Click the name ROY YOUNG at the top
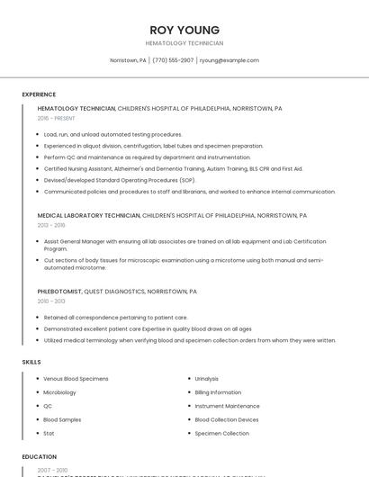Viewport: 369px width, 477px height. click(x=184, y=30)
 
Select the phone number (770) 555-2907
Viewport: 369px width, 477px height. click(x=173, y=60)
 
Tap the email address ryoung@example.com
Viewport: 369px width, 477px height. click(x=229, y=60)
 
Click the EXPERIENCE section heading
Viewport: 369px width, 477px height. click(x=39, y=94)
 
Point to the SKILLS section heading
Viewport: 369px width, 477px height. click(x=31, y=362)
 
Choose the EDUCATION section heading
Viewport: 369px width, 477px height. click(x=40, y=456)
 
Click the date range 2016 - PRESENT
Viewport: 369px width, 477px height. click(x=58, y=119)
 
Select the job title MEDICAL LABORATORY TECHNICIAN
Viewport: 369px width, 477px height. click(x=88, y=216)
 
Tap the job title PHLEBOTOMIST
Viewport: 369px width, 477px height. click(x=59, y=292)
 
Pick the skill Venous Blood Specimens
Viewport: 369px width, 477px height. click(x=76, y=379)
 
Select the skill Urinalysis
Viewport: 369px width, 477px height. click(x=207, y=379)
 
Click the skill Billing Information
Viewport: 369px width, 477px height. click(x=218, y=392)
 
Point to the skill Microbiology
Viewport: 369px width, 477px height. click(x=59, y=392)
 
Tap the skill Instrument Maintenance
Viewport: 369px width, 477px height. click(x=227, y=406)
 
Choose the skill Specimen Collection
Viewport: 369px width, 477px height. click(x=221, y=433)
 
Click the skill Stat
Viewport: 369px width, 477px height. click(x=49, y=433)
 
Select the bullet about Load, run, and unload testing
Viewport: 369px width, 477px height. click(x=112, y=134)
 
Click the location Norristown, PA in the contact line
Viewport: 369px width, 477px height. click(x=128, y=60)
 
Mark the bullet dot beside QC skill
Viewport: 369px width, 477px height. click(x=37, y=406)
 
